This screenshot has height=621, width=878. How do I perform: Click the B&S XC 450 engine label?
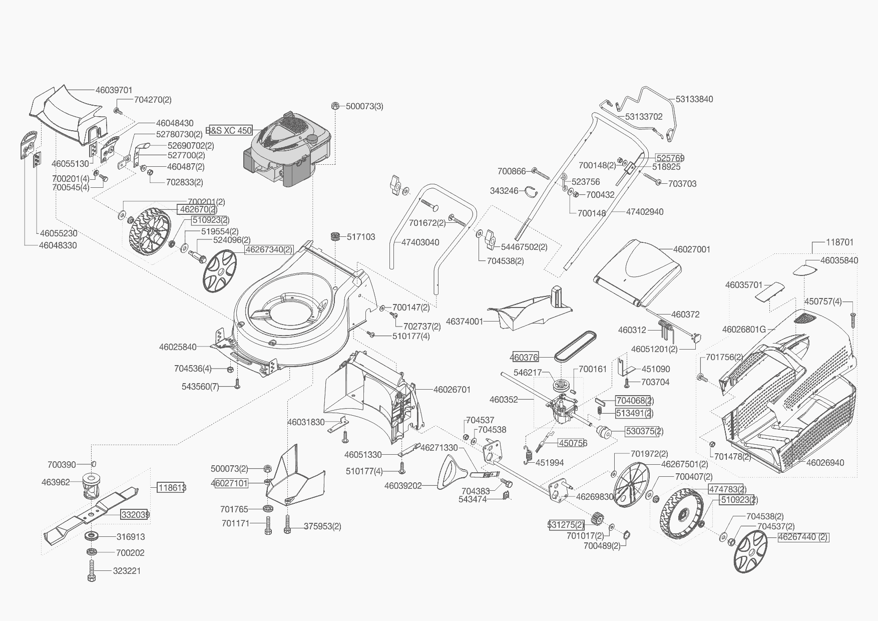(x=229, y=130)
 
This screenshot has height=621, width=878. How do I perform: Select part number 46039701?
(x=114, y=90)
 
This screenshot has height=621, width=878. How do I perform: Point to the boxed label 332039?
(x=135, y=514)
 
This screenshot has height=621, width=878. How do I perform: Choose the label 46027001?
(x=691, y=249)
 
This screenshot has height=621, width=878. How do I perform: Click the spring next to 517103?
(x=335, y=236)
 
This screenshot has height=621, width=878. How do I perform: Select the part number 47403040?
(x=420, y=242)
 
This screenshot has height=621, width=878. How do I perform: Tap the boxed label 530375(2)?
(x=644, y=431)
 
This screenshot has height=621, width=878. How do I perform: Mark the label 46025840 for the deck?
(x=178, y=347)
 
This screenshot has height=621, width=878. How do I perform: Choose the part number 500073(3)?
(x=364, y=106)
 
